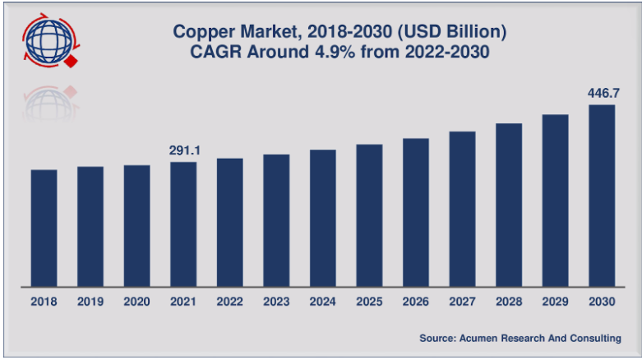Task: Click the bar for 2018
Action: tap(44, 228)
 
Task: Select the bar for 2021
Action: tap(183, 224)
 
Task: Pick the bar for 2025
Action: tap(369, 215)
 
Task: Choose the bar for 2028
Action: tap(509, 205)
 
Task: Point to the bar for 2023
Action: tap(276, 220)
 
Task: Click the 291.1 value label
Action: tap(183, 150)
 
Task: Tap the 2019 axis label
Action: tap(90, 302)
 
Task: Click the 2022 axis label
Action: tap(229, 302)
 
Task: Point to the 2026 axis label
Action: tap(416, 302)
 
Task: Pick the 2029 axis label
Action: tap(556, 302)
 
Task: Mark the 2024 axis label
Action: tap(323, 302)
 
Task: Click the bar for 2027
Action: tap(463, 209)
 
